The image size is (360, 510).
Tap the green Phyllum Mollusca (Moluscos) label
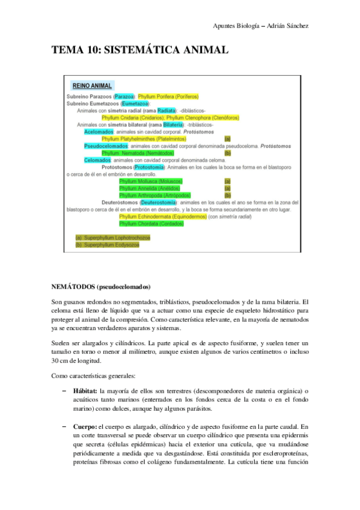(x=151, y=181)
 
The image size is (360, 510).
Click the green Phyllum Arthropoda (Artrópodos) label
(x=154, y=195)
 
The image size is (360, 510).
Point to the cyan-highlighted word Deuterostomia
(x=158, y=203)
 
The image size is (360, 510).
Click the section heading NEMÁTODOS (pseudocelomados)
(x=100, y=286)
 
